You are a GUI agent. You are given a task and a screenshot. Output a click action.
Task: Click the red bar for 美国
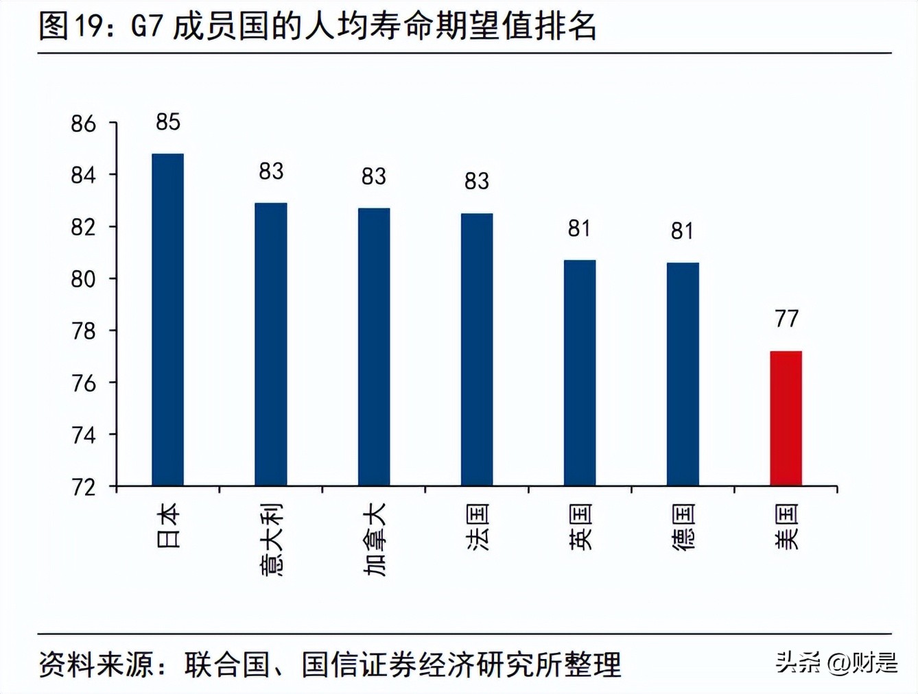tap(786, 418)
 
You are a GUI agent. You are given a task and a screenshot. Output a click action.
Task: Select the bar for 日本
tap(167, 320)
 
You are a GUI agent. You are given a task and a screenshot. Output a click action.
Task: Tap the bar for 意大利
tap(271, 344)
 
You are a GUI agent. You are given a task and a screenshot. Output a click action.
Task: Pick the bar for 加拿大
tap(374, 347)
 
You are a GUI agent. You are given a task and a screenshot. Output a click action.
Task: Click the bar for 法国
tap(477, 350)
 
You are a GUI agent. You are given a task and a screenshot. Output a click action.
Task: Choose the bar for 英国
tap(580, 373)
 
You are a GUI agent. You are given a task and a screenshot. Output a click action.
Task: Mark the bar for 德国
tap(683, 374)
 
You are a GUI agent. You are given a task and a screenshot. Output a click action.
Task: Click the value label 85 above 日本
tap(167, 122)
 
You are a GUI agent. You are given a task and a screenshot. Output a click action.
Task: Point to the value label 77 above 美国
tap(786, 319)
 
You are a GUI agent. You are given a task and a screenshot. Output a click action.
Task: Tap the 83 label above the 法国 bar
tap(477, 181)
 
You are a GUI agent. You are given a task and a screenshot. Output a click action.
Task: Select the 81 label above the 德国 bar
tap(683, 231)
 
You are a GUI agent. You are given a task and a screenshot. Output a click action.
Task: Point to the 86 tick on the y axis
tap(83, 124)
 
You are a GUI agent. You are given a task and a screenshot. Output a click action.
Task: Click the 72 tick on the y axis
tap(83, 488)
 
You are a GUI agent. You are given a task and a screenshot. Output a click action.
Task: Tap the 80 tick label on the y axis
tap(83, 279)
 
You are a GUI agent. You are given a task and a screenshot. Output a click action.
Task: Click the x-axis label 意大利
tap(271, 539)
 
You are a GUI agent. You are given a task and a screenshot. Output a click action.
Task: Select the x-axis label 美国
tap(786, 527)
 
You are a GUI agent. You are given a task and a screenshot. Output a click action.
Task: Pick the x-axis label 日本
tap(168, 525)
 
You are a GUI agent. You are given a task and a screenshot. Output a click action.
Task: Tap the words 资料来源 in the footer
tap(96, 664)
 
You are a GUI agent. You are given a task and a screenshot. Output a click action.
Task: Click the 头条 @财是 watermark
tap(836, 662)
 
